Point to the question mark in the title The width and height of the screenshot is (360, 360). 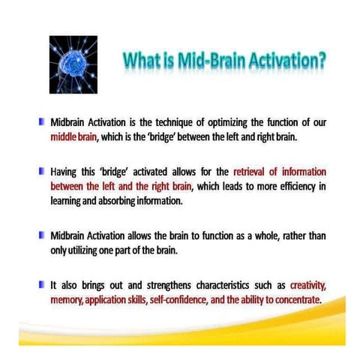[320, 59]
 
